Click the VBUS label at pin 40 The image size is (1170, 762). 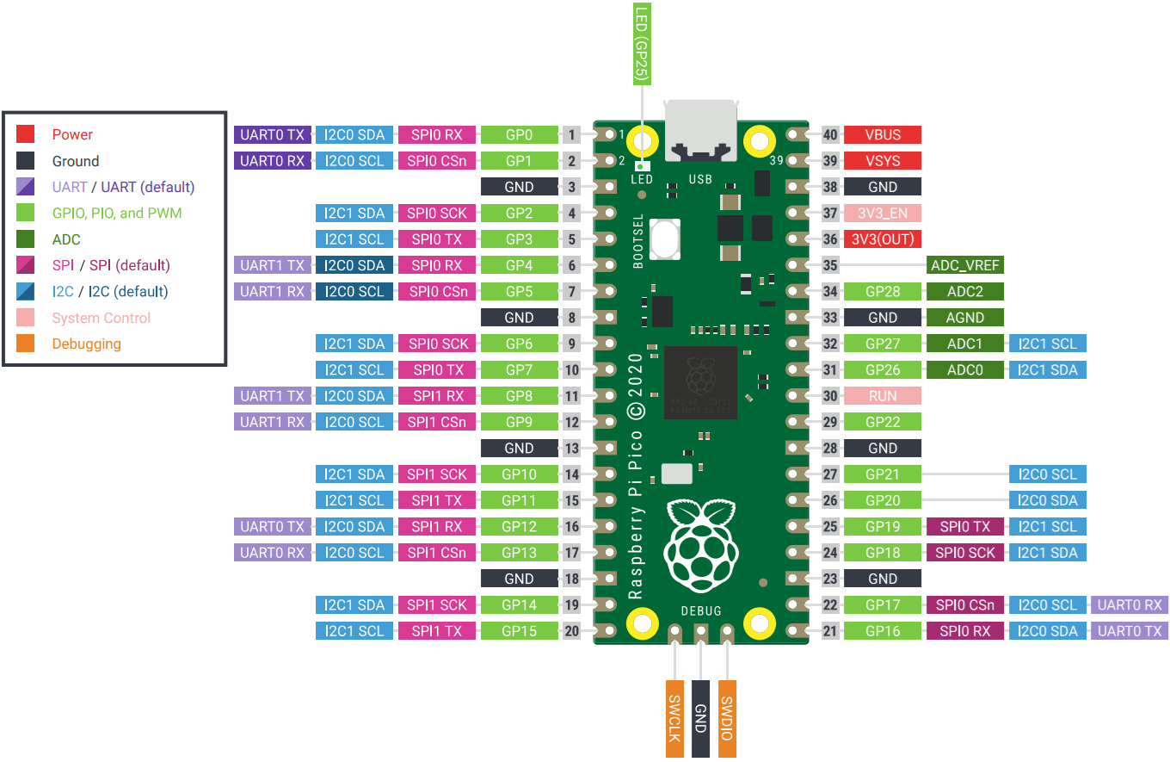[x=883, y=134]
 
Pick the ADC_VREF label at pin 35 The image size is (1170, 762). [x=965, y=265]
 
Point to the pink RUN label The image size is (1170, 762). [x=883, y=396]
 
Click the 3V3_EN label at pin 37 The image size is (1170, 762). [x=883, y=213]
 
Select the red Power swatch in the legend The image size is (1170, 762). [x=26, y=134]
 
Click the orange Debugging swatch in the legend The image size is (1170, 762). [x=26, y=344]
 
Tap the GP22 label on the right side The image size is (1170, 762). [x=883, y=422]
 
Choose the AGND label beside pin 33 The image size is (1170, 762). [x=965, y=318]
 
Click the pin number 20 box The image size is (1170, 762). [x=572, y=631]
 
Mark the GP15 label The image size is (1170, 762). [x=520, y=631]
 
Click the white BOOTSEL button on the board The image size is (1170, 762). [x=665, y=239]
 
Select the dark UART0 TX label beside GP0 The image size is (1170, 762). [x=272, y=134]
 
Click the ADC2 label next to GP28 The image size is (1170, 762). [x=965, y=291]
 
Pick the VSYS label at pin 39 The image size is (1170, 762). [x=883, y=160]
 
